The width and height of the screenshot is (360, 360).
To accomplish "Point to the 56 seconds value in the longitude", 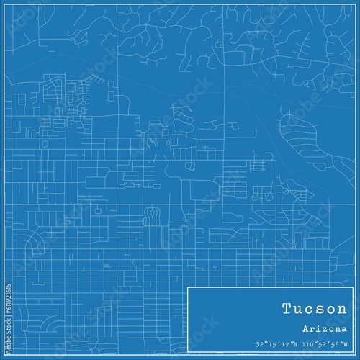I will coord(338,345).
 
